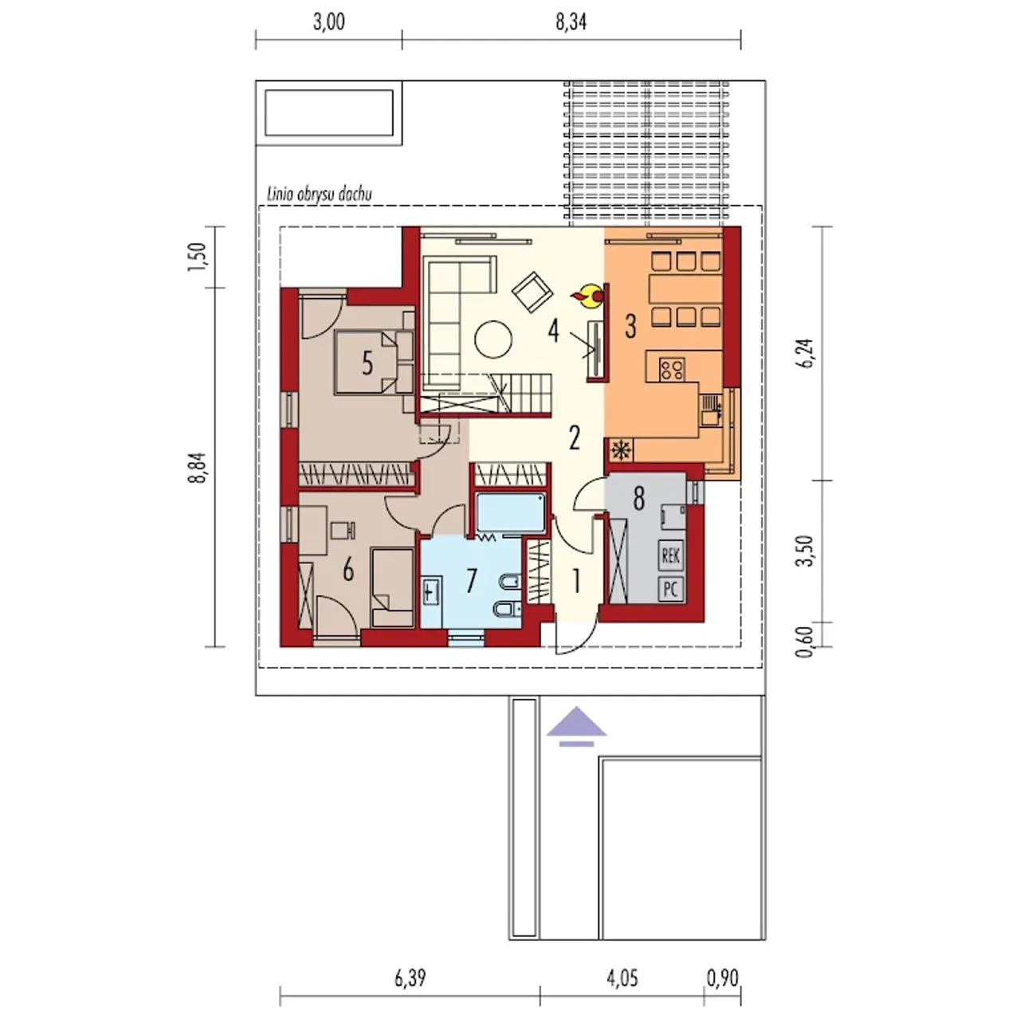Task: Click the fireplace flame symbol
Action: [588, 296]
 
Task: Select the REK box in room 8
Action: [671, 555]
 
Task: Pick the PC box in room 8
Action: [671, 589]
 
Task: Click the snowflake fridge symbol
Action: [620, 450]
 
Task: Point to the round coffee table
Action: [493, 339]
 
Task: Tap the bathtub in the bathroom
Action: [511, 512]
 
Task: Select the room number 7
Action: [472, 581]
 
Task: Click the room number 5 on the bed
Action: [367, 363]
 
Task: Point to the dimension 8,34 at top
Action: [571, 23]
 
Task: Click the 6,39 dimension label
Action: [410, 979]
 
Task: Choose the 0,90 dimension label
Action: [723, 979]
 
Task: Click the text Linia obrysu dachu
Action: [320, 194]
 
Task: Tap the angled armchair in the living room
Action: [532, 292]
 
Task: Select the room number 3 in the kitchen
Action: [630, 326]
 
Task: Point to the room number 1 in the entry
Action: [576, 581]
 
